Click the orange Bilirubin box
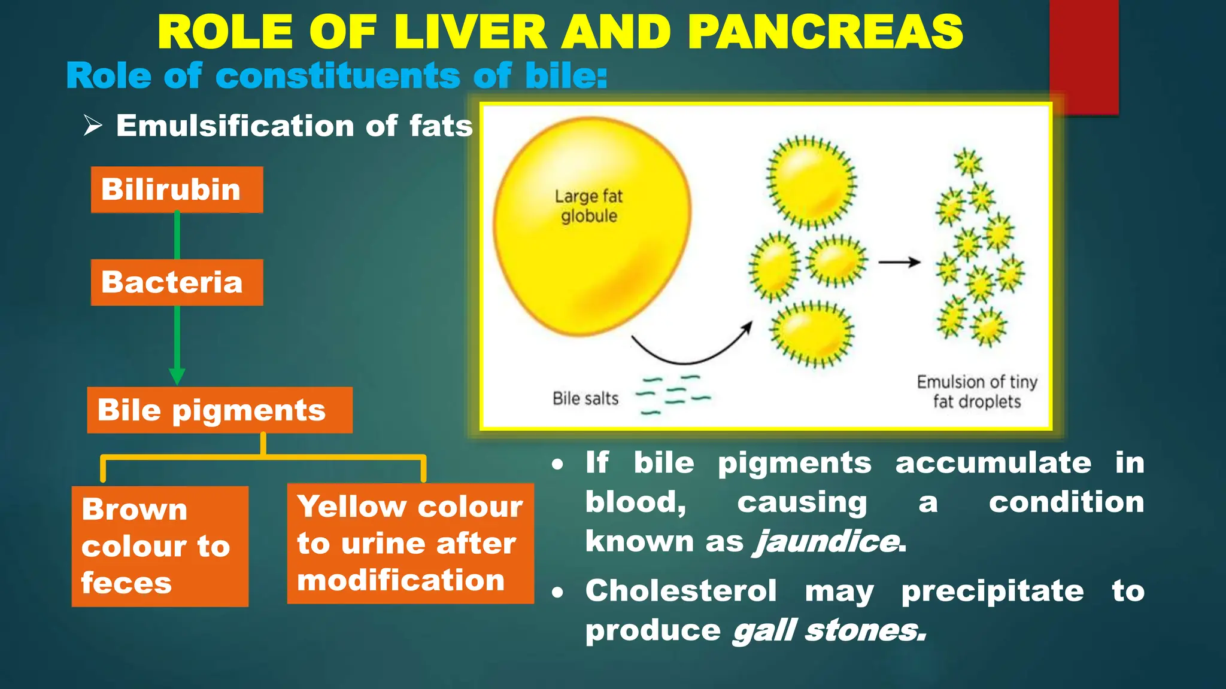(x=177, y=190)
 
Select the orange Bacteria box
(x=177, y=282)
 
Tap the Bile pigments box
(x=219, y=410)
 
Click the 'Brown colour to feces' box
(x=160, y=546)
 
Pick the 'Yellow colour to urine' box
(x=410, y=543)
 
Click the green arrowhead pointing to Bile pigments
(x=177, y=376)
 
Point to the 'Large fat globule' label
(x=588, y=206)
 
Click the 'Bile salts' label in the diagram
(x=585, y=398)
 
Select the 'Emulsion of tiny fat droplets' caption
(x=976, y=391)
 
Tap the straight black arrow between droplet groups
(x=899, y=262)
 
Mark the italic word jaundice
(x=828, y=541)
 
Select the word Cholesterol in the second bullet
(x=681, y=591)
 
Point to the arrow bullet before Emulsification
(x=93, y=126)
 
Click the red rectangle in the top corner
(x=1084, y=54)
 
